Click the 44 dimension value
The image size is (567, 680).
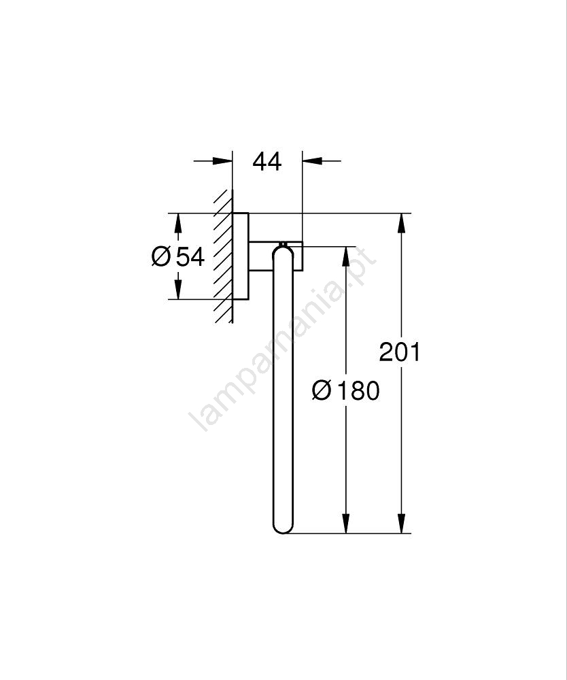(267, 161)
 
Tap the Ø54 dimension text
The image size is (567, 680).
(178, 257)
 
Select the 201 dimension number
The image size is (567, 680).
(399, 352)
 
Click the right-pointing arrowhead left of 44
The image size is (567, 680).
(222, 161)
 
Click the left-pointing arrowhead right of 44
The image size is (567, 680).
(313, 161)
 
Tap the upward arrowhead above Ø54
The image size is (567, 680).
(177, 224)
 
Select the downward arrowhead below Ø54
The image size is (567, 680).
(177, 289)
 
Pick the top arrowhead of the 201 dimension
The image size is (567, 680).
(401, 224)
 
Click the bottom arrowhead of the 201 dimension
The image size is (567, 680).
(401, 523)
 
